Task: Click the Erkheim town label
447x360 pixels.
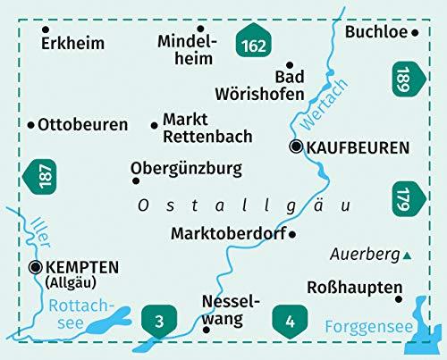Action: pos(72,43)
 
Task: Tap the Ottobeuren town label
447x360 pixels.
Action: pos(83,125)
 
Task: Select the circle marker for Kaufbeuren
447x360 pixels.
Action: pos(295,147)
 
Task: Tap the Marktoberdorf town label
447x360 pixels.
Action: pos(228,233)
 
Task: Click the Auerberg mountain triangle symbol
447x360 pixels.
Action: pos(408,256)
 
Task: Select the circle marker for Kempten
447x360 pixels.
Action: pos(35,266)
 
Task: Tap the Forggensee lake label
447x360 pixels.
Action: pos(365,327)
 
